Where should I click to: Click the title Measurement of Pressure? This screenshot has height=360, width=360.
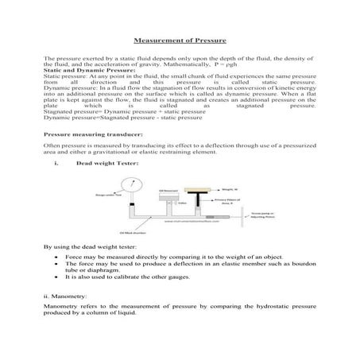180,39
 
